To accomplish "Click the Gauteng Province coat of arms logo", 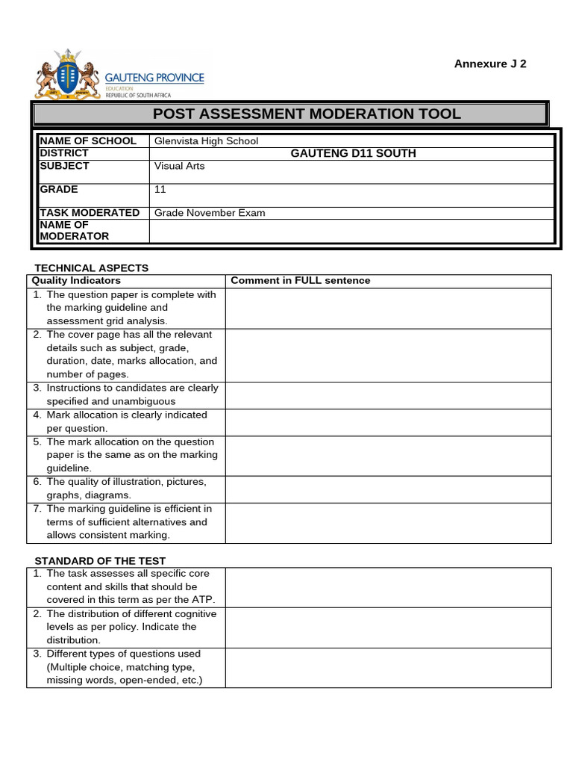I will (67, 75).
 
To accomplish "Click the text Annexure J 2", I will (490, 64).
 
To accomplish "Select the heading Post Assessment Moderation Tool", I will (307, 114).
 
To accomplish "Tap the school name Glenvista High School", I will (206, 140).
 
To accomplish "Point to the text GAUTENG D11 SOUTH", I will (353, 153).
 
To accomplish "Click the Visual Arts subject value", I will (179, 166).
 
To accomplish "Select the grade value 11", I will (160, 190).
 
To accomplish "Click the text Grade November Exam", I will (210, 213).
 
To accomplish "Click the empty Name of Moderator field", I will (351, 231).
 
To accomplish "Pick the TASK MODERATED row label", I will (90, 213).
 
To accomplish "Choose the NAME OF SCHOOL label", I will (88, 140).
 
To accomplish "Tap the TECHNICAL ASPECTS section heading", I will (92, 267).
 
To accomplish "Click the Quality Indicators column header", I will (75, 281).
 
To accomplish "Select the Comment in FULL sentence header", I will (300, 281).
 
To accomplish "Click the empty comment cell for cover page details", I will (388, 355).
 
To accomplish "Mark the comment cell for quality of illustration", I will (388, 489).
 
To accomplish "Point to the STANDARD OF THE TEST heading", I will (100, 561).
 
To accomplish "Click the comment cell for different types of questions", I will (388, 667).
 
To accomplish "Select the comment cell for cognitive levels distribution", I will (388, 627).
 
